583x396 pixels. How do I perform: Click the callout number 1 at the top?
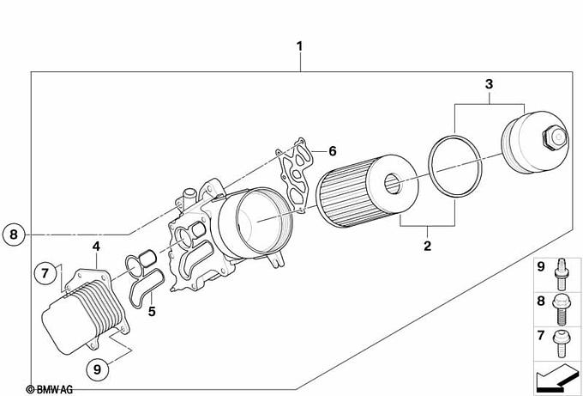tap(299, 47)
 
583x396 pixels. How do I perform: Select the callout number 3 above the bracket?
tap(489, 84)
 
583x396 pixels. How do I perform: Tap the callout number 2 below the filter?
tap(427, 246)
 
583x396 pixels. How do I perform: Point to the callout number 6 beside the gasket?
tap(333, 151)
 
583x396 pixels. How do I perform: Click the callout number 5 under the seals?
tap(152, 312)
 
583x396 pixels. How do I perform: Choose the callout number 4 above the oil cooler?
tap(96, 247)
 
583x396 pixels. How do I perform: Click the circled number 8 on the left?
tap(14, 235)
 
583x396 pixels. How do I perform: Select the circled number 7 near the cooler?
tap(45, 273)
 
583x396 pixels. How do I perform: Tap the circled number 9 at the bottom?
tap(98, 369)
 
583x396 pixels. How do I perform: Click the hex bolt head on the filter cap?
tap(555, 137)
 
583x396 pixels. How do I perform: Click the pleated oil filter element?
tap(367, 191)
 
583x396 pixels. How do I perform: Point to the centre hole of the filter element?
tap(392, 184)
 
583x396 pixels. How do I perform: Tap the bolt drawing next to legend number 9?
tap(562, 274)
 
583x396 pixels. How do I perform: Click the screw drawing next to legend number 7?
tap(561, 344)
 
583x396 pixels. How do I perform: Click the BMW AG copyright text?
tap(50, 390)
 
